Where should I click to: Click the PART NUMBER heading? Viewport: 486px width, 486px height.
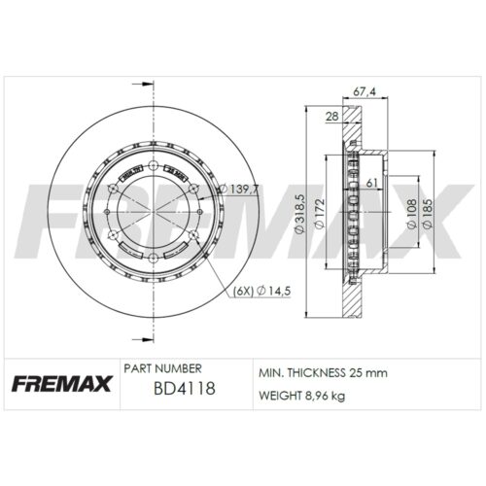[x=163, y=369]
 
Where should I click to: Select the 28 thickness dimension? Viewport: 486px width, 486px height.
[x=332, y=117]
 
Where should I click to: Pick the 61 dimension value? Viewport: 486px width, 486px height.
[x=373, y=182]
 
